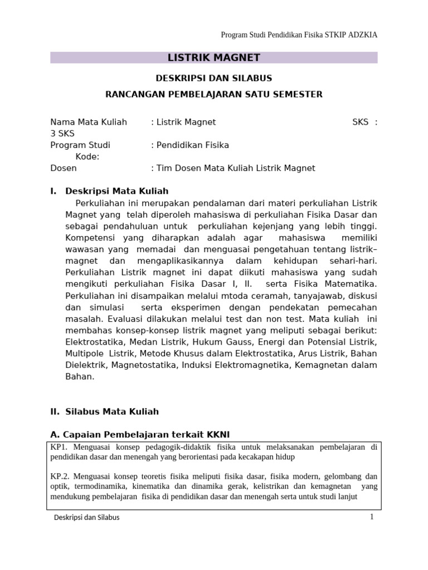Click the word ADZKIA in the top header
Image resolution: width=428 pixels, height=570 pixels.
pos(363,35)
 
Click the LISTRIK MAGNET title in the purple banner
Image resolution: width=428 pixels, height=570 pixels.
pos(214,57)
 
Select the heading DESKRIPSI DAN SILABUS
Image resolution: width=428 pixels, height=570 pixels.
pos(214,78)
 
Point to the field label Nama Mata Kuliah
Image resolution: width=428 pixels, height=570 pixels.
pos(89,122)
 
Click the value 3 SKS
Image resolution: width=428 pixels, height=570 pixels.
pos(62,134)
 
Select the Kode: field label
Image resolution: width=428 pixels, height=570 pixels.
pos(87,156)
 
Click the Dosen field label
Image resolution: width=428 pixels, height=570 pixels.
pos(64,168)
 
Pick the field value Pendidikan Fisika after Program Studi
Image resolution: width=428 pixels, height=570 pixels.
pos(193,145)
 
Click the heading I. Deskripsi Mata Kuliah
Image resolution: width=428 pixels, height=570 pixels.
pos(109,191)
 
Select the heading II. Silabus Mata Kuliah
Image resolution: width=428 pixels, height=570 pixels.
pos(105,411)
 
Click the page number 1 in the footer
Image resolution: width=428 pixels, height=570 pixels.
pos(371,517)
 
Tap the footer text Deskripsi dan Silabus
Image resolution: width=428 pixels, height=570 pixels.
pos(86,518)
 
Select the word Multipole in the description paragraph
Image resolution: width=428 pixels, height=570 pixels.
pos(85,353)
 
